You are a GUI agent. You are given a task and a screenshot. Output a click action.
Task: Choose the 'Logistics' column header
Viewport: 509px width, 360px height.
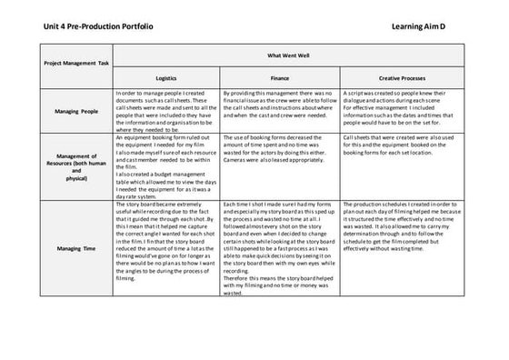[x=166, y=78]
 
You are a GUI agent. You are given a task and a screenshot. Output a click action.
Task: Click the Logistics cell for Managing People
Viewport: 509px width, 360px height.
[x=167, y=111]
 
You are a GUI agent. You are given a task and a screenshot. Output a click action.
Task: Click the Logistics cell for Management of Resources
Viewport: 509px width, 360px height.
[x=167, y=164]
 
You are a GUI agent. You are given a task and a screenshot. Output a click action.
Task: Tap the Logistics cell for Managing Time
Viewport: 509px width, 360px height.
[x=167, y=242]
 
